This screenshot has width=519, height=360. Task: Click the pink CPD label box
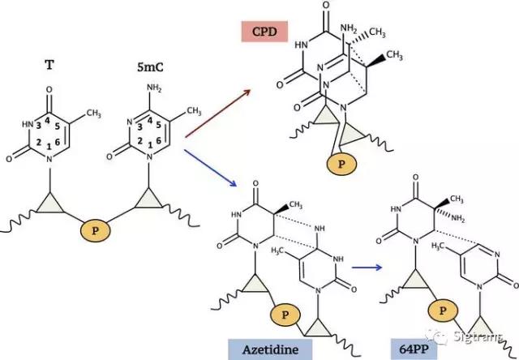tap(265, 32)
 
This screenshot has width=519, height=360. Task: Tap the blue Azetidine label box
tap(270, 349)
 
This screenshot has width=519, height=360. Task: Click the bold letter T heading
tap(49, 65)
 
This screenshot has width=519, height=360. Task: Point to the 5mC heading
tap(150, 67)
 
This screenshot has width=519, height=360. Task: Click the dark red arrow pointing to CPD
tap(217, 113)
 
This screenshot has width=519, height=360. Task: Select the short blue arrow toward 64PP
tap(367, 267)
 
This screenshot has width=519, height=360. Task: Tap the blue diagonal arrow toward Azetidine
tap(210, 168)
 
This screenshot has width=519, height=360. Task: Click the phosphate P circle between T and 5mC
tap(96, 230)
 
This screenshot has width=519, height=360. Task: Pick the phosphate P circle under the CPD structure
tap(341, 164)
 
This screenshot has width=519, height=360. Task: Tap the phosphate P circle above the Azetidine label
tap(285, 315)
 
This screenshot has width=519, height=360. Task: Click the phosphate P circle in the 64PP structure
tap(443, 311)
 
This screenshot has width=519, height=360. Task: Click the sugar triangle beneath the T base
tap(49, 204)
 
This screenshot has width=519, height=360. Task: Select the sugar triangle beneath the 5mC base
tap(148, 199)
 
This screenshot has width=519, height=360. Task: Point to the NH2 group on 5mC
tap(154, 88)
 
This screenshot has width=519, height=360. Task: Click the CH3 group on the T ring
tap(94, 114)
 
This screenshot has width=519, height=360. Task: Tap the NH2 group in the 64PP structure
tap(458, 219)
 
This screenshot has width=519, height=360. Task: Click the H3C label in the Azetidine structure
tap(278, 251)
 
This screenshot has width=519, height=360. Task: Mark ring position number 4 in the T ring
tap(47, 121)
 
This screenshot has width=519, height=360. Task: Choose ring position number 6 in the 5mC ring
tap(158, 140)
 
